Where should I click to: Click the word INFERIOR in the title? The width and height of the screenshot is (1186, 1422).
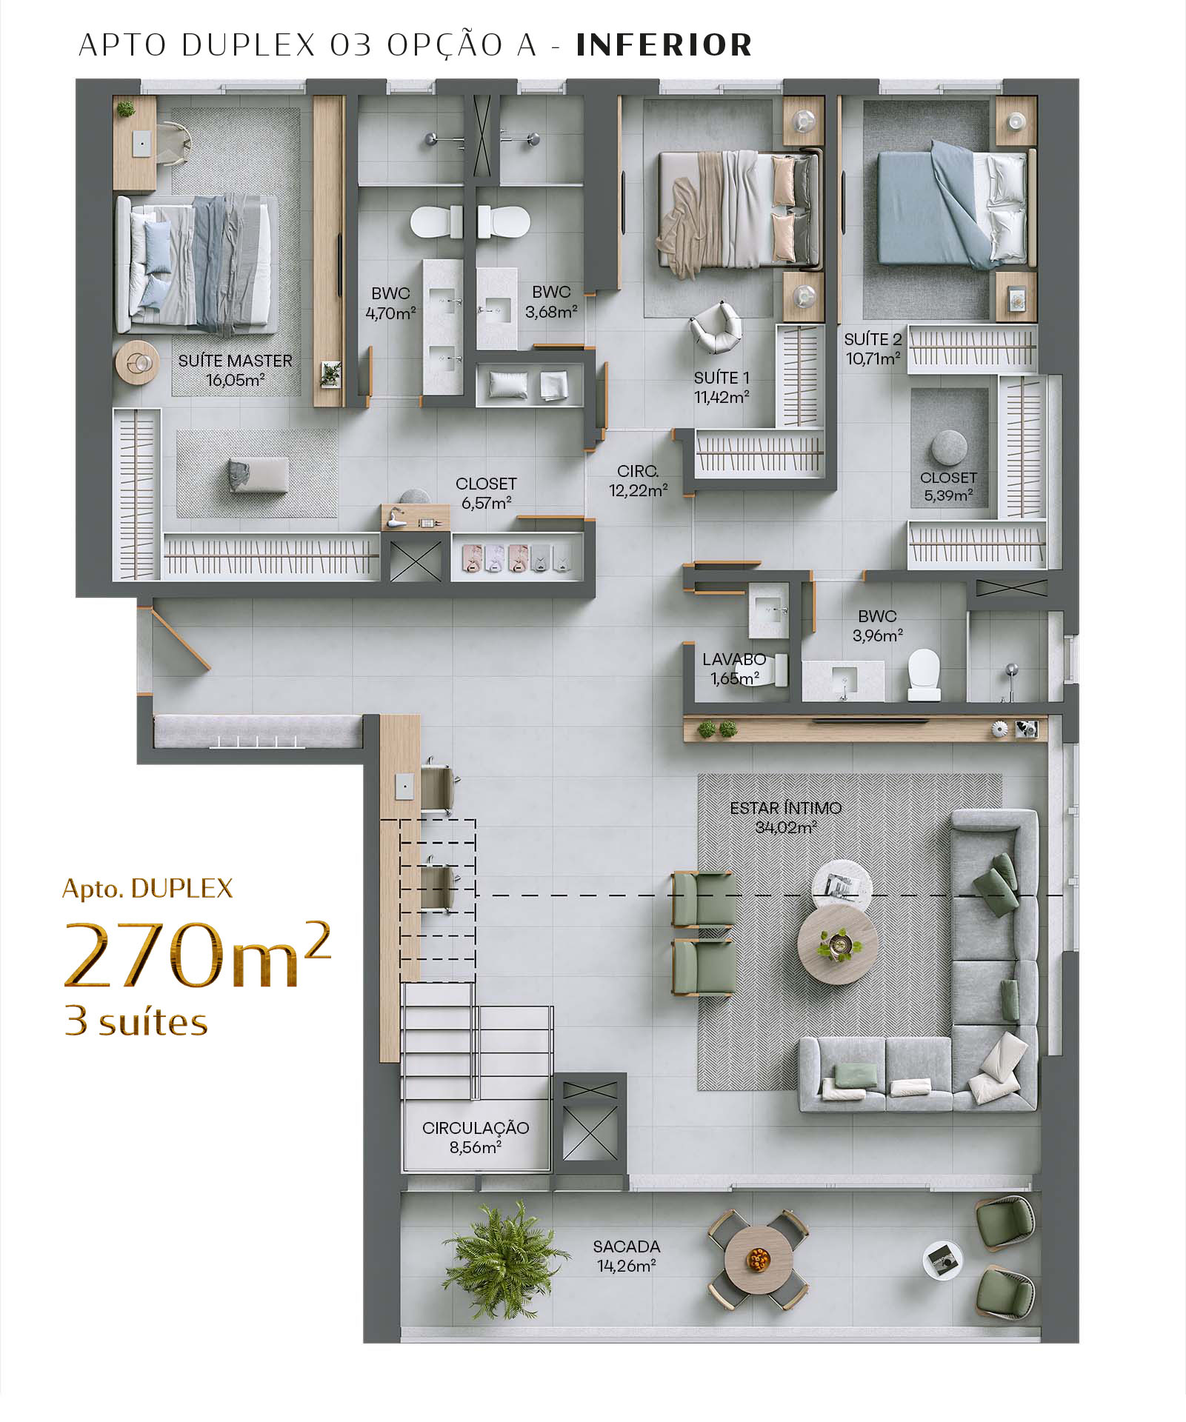click(664, 45)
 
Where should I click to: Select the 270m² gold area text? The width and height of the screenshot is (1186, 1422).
click(197, 955)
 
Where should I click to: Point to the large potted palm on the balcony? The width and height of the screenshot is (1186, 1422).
click(504, 1261)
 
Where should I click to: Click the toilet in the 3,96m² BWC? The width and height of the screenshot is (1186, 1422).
click(924, 675)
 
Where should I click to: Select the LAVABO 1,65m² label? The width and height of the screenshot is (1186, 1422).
click(734, 669)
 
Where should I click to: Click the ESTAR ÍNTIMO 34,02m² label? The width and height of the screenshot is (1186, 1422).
click(785, 818)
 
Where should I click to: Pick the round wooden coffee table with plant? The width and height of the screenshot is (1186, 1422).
click(838, 944)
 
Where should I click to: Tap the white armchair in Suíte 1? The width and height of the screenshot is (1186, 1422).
click(716, 327)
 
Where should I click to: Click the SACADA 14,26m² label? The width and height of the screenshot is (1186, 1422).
click(627, 1256)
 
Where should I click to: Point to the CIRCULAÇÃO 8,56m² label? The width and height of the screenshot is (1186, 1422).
click(476, 1138)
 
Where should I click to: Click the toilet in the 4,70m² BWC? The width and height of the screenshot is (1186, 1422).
click(437, 221)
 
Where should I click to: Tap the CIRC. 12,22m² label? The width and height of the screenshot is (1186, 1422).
click(638, 481)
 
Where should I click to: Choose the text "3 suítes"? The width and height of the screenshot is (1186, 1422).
click(136, 1022)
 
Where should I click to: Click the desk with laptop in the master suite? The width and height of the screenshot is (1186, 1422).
click(135, 144)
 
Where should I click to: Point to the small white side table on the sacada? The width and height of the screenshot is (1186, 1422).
click(943, 1260)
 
